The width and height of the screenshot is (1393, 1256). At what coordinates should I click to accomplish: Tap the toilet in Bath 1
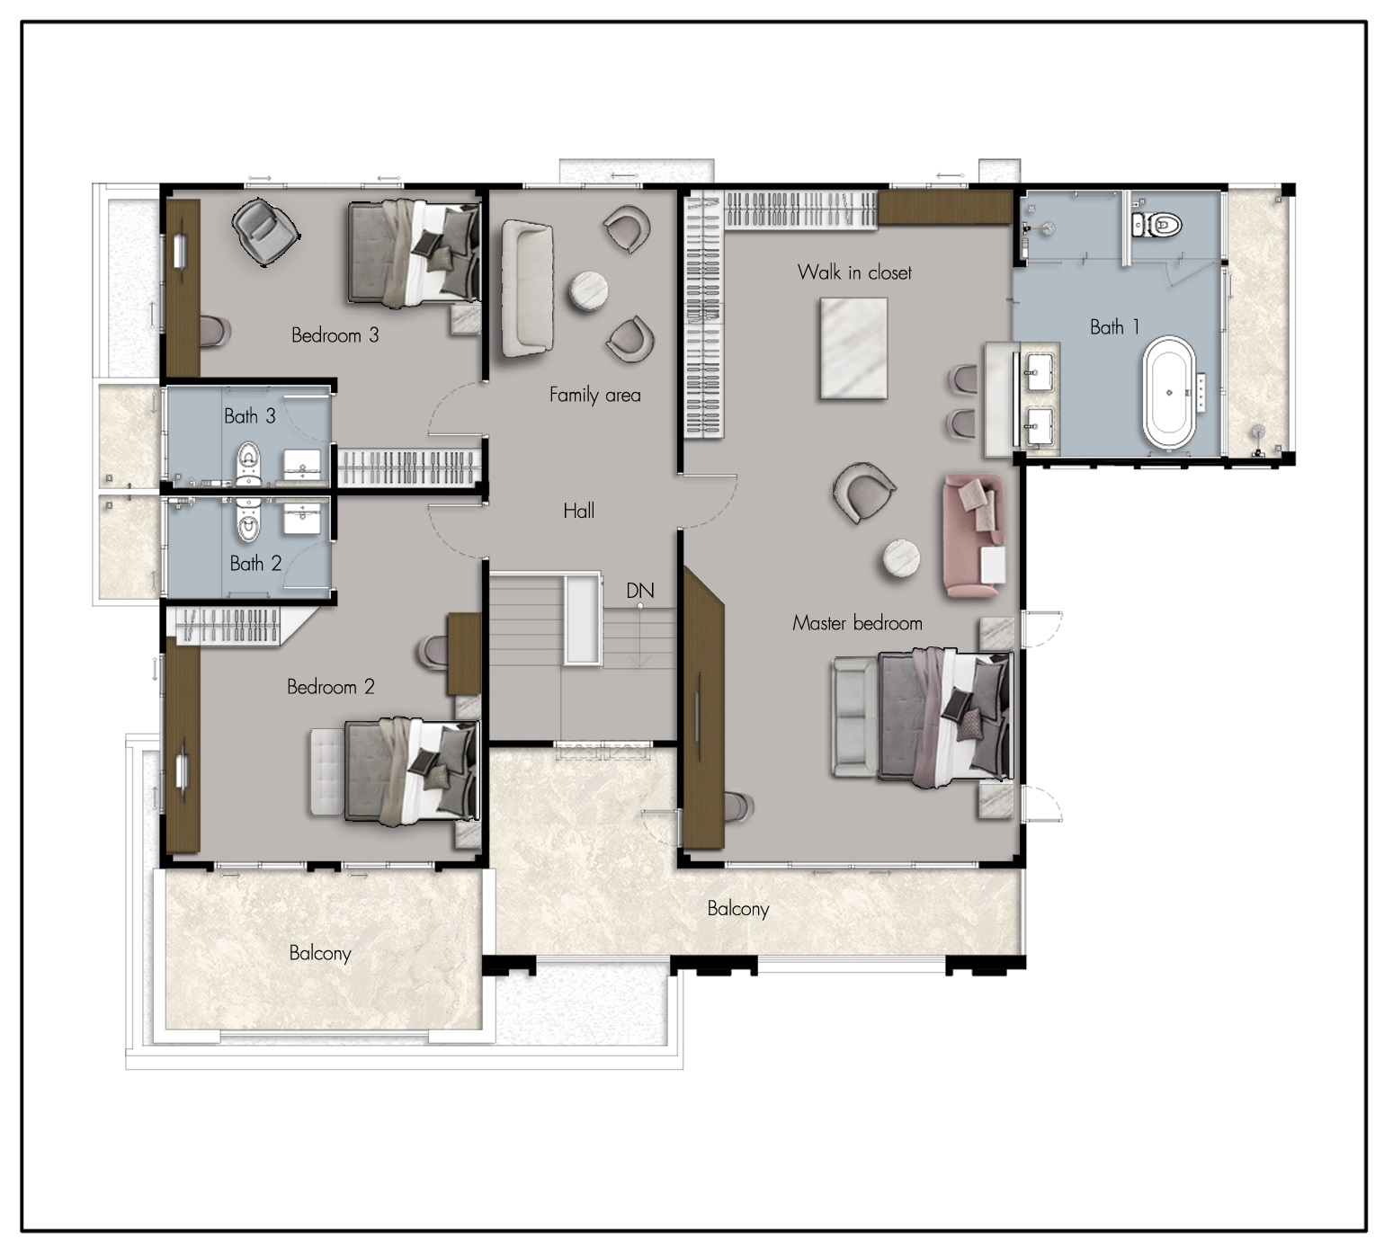pyautogui.click(x=1157, y=224)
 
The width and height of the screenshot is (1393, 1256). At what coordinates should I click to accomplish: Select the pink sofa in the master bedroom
pyautogui.click(x=974, y=536)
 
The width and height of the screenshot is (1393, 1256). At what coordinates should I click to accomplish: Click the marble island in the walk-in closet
pyautogui.click(x=853, y=348)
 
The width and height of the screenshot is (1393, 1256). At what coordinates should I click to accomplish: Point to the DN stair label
pyautogui.click(x=640, y=591)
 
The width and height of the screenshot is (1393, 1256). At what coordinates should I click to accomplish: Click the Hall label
pyautogui.click(x=579, y=511)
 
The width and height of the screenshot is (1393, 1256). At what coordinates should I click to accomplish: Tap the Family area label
pyautogui.click(x=594, y=395)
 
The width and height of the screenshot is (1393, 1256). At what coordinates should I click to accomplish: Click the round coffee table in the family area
pyautogui.click(x=588, y=291)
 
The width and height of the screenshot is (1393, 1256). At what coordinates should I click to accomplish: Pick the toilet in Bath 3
pyautogui.click(x=249, y=463)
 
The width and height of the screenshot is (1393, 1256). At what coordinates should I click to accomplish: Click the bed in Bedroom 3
pyautogui.click(x=415, y=254)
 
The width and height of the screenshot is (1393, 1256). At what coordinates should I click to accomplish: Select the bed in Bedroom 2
pyautogui.click(x=412, y=771)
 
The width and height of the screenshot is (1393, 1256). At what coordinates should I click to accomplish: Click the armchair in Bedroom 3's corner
pyautogui.click(x=264, y=232)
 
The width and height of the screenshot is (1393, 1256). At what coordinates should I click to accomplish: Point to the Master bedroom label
pyautogui.click(x=857, y=623)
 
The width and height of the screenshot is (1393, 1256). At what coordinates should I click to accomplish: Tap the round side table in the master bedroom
pyautogui.click(x=901, y=558)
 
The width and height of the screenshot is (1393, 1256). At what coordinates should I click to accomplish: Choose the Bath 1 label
pyautogui.click(x=1114, y=327)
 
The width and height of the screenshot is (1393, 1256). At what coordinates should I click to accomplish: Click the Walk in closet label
pyautogui.click(x=854, y=272)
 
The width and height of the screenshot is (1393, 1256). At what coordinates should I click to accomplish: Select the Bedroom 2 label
pyautogui.click(x=330, y=687)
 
